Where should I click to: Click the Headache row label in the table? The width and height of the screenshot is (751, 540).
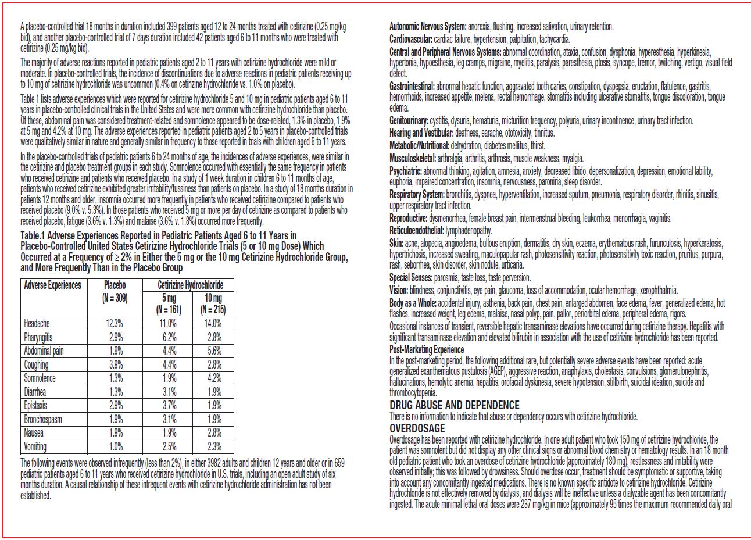point(37,324)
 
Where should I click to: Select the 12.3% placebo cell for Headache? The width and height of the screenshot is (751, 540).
point(115,324)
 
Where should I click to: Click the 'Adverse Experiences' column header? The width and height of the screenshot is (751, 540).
point(52,285)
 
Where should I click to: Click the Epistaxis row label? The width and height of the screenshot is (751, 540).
point(35,406)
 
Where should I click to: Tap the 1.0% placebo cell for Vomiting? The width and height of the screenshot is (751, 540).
point(115,446)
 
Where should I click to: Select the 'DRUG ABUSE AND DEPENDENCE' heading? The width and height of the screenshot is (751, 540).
point(454,405)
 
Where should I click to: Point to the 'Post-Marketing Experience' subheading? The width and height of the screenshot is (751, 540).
point(426,349)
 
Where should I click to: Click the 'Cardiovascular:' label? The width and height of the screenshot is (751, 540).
point(410,40)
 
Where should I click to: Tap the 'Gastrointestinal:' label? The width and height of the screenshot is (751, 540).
point(412,85)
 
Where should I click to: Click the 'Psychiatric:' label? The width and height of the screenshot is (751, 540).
point(405,171)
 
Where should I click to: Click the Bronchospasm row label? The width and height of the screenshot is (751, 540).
point(43,419)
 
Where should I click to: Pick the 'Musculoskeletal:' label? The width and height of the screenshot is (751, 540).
point(413,158)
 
